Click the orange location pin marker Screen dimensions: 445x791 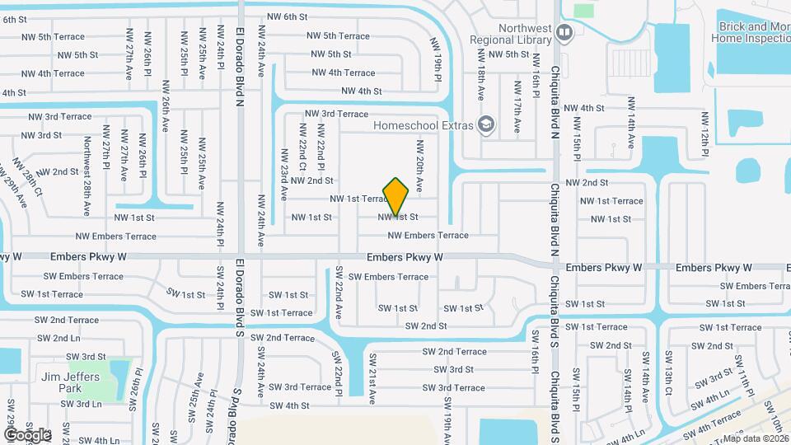click(x=396, y=198)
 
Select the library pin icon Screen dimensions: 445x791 click(x=564, y=33)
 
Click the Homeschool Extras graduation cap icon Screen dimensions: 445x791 click(x=486, y=124)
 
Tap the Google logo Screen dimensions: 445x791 click(x=26, y=434)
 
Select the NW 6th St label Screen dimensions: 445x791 click(x=287, y=16)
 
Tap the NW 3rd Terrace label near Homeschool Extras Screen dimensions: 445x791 click(x=336, y=114)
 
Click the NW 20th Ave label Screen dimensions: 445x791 click(x=419, y=166)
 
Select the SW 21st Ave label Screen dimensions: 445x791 click(x=372, y=379)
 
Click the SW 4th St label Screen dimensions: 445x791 click(x=288, y=405)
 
